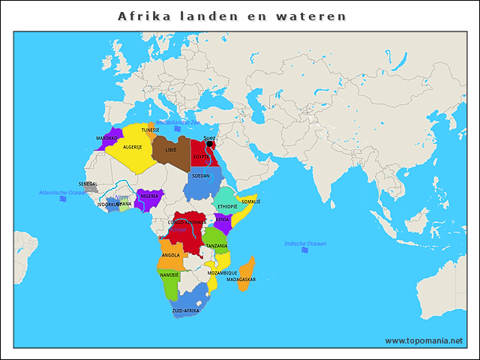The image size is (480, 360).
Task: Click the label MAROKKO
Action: [x=106, y=138]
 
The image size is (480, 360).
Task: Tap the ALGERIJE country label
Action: [x=132, y=147]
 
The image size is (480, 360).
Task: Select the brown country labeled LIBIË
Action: [x=171, y=150]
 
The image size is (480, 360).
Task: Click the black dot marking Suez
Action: [x=209, y=145]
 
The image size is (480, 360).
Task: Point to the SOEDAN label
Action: [x=201, y=175]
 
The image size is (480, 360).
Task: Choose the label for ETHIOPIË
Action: [x=227, y=205]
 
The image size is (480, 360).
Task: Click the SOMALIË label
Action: [x=250, y=201]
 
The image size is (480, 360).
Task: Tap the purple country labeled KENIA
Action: [x=223, y=220]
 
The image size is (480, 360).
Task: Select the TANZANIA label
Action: [x=217, y=245]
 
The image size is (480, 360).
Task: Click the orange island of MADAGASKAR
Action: [x=247, y=274]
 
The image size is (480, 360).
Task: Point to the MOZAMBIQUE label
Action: [x=222, y=273]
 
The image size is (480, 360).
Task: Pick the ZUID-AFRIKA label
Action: [x=185, y=310]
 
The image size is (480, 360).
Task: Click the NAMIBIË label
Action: [x=169, y=275]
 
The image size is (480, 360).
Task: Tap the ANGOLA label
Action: [x=170, y=255]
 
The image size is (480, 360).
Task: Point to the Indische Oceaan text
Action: [x=305, y=244]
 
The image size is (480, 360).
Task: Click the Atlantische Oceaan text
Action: [x=63, y=193]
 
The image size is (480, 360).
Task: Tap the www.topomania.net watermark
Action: [x=424, y=340]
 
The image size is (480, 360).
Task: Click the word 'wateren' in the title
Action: [x=318, y=16]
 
